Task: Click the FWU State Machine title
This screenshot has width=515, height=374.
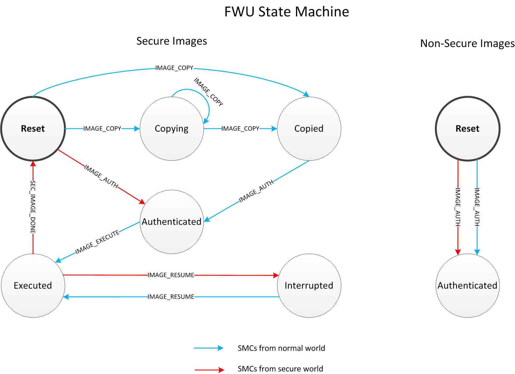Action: (286, 12)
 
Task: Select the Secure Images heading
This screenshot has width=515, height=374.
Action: (172, 41)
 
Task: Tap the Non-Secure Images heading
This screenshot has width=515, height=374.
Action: (467, 43)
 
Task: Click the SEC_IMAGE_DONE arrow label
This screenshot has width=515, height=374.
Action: (33, 207)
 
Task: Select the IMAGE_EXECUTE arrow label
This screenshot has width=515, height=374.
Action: (97, 242)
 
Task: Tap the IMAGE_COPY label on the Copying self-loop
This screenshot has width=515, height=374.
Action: (208, 92)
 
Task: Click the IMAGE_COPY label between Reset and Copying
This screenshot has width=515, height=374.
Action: (102, 129)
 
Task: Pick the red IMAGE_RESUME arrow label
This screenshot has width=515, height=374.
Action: (171, 275)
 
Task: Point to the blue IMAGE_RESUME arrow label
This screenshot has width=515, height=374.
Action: (171, 297)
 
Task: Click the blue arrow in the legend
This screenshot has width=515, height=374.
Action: (208, 348)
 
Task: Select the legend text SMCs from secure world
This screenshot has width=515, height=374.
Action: (280, 369)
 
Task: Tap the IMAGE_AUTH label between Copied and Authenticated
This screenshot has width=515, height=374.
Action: (256, 191)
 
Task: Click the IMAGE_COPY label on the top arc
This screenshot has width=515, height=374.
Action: (174, 68)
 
